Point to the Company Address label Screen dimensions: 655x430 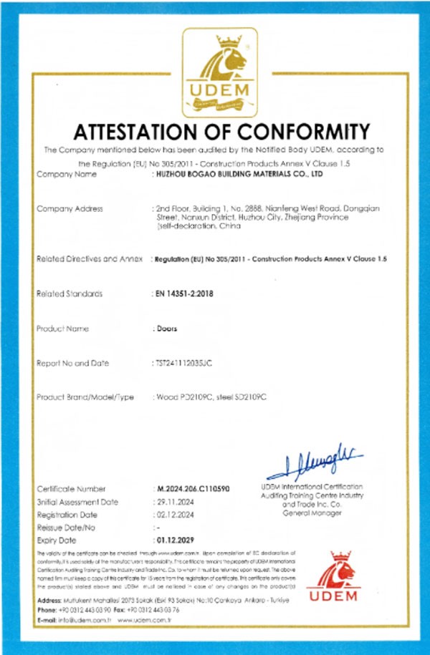pos(70,208)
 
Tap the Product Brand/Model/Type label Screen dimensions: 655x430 pos(85,398)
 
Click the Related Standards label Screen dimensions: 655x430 pos(69,293)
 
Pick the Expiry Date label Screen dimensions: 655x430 pos(56,540)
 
